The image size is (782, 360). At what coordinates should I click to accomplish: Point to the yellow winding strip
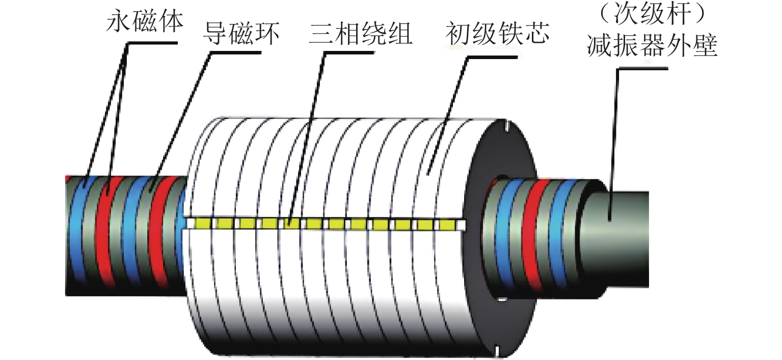pos(326,223)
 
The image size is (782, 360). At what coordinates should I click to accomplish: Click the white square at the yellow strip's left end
pos(191,223)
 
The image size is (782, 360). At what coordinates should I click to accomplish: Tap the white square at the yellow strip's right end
pos(461,224)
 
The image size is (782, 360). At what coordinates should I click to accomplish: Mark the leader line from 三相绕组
pos(306,137)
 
